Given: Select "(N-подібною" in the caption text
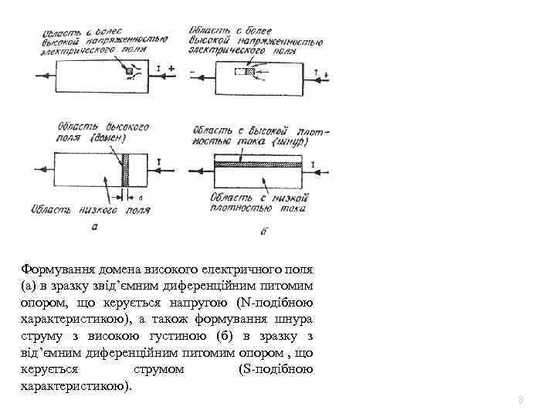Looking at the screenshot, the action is click(276, 303).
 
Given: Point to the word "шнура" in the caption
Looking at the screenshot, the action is click(294, 320).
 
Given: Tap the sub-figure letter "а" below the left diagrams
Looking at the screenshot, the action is click(94, 226).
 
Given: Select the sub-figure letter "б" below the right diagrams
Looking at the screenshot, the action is click(265, 230).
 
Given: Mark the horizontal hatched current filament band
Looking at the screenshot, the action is click(262, 164).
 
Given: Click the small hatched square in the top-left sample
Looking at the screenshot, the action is click(130, 72).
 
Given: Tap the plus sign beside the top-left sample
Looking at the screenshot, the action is click(171, 68).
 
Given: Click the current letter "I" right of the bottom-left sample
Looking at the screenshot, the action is click(158, 161).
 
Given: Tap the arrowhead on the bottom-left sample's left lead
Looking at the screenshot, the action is click(43, 170).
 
